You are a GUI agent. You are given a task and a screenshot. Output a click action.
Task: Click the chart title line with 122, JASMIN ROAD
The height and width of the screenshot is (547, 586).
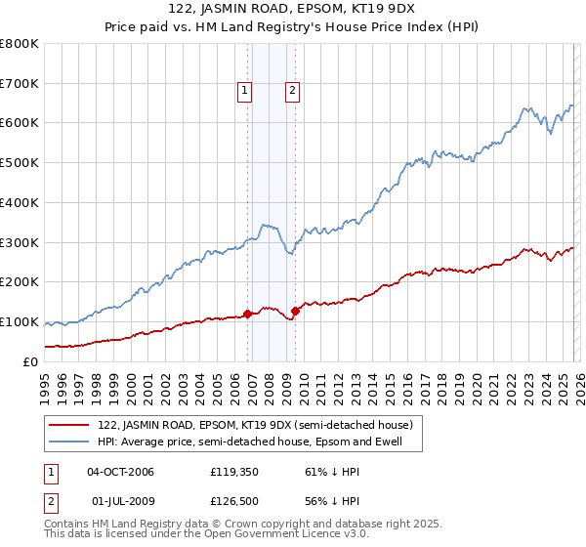pyautogui.click(x=293, y=11)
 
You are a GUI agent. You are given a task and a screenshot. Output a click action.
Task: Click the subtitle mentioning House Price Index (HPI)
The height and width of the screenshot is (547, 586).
pyautogui.click(x=293, y=28)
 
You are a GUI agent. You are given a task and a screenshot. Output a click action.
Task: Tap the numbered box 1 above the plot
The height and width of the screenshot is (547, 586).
pyautogui.click(x=244, y=92)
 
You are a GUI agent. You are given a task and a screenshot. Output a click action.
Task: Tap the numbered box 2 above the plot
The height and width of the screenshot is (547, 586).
pyautogui.click(x=292, y=92)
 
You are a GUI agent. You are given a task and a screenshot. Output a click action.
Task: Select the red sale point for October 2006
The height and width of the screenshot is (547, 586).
pyautogui.click(x=247, y=314)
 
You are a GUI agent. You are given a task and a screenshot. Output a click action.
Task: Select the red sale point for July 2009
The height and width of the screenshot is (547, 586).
pyautogui.click(x=295, y=311)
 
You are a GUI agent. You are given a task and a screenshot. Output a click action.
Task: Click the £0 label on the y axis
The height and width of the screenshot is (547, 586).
pyautogui.click(x=29, y=361)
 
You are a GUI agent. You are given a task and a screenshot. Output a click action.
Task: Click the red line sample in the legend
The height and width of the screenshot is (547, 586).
pyautogui.click(x=69, y=426)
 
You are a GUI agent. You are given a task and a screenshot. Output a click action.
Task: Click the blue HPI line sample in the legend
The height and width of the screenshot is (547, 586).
pyautogui.click(x=69, y=442)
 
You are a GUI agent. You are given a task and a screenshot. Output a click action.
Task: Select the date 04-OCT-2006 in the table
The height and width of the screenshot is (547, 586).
pyautogui.click(x=120, y=472)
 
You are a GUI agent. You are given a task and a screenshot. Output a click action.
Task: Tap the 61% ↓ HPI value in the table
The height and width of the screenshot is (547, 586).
pyautogui.click(x=321, y=472)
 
